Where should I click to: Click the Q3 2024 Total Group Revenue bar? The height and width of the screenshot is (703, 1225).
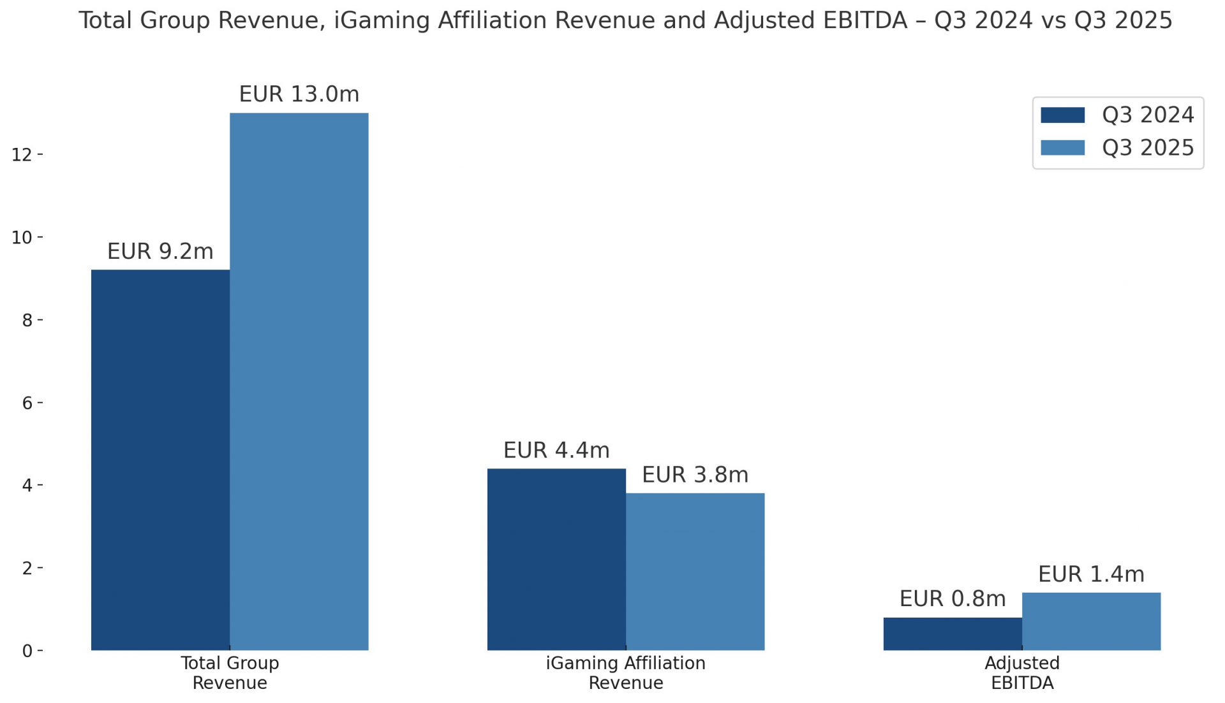pos(160,460)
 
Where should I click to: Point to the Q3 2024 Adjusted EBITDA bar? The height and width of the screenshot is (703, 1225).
pos(953,634)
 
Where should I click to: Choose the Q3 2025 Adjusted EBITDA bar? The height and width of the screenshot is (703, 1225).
pos(1091,621)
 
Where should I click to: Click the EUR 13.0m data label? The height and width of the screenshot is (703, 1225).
pos(299,94)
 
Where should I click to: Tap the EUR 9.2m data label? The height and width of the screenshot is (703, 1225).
pos(160,251)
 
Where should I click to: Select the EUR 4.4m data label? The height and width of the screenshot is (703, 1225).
pos(556,451)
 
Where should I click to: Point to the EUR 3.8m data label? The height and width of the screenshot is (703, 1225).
pos(695,475)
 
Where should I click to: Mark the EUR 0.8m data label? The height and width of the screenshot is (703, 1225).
pos(953,599)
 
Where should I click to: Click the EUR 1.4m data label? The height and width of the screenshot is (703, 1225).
pos(1091,574)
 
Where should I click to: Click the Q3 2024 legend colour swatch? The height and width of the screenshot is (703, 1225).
pos(1062,115)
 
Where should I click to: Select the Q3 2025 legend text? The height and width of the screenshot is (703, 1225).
pos(1148,148)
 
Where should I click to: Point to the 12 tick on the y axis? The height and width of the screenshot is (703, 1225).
pos(22,155)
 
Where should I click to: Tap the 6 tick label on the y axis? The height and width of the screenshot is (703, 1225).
pos(27,403)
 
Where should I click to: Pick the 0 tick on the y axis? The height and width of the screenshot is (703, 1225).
pos(27,651)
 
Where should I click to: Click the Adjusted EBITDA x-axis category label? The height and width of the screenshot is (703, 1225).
pos(1021,673)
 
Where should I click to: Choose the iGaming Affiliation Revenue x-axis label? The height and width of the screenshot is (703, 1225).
pos(625,673)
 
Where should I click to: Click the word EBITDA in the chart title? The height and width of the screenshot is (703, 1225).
pos(865,20)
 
